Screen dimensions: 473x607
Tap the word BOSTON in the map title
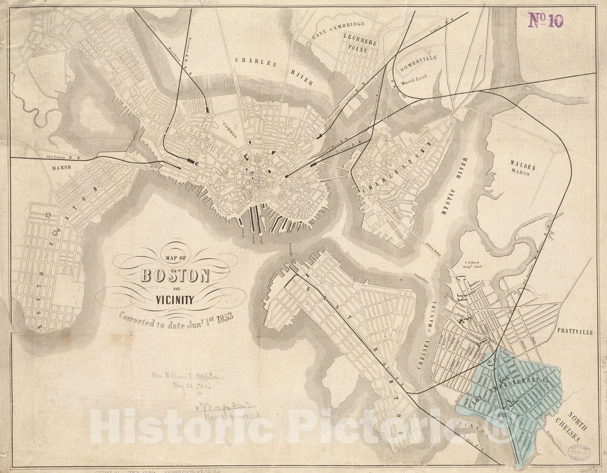176,276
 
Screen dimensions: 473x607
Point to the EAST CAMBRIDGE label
338,30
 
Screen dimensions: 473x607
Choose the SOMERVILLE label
418,63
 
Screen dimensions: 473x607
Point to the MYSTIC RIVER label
456,186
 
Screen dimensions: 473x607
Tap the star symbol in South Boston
47,216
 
